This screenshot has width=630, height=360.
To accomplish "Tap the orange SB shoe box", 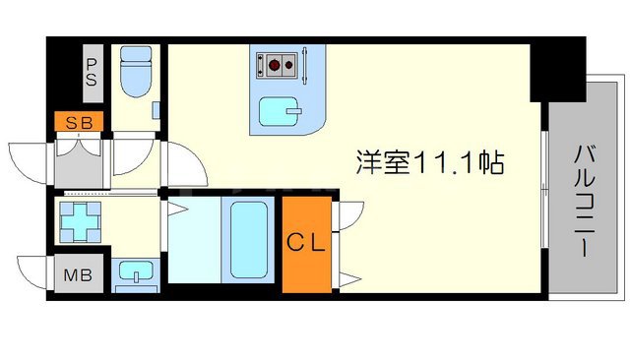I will coord(80,124).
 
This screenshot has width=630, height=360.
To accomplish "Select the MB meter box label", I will coord(79,274).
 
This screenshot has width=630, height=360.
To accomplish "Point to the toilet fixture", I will coord(131,68).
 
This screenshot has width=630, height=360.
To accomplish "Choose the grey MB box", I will coord(79,274).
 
